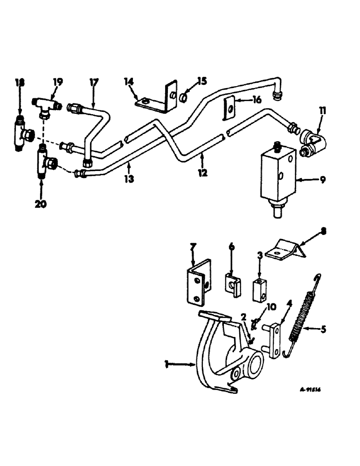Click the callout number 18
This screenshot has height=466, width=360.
19,82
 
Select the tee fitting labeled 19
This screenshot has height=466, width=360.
45,103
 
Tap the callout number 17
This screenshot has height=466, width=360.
94,82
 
